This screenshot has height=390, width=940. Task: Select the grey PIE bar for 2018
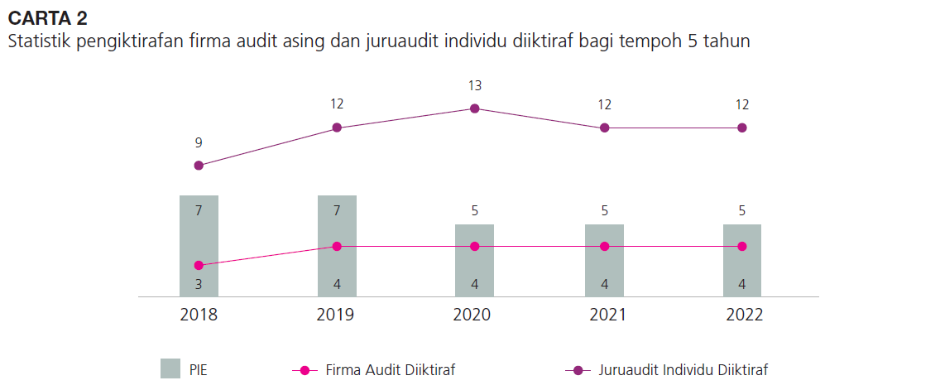199,232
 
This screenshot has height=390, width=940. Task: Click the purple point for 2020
475,108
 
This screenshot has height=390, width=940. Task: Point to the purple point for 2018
199,166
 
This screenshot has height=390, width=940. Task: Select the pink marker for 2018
199,265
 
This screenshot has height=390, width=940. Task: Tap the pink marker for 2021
605,246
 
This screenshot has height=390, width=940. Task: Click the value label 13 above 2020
475,85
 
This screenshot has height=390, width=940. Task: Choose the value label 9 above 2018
199,142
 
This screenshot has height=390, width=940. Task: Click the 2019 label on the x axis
336,315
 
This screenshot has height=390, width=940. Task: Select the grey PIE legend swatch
170,368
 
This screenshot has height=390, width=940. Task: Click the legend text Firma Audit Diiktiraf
391,369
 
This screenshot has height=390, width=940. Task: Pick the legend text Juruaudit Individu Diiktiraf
688,369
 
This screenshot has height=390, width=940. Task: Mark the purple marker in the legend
578,369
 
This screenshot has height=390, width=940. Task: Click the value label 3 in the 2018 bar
199,285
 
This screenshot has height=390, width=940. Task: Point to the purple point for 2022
742,128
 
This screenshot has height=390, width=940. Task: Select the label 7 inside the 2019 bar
337,210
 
